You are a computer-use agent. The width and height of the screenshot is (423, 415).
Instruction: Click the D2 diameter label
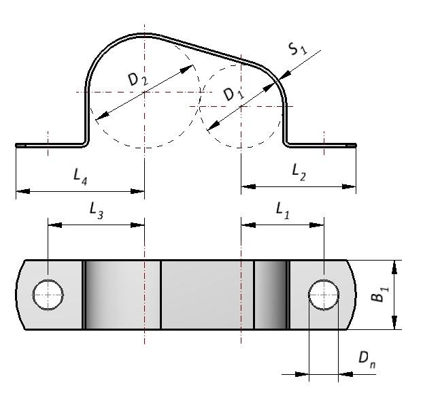tap(137, 80)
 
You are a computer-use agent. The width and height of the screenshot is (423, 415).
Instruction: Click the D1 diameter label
tap(233, 93)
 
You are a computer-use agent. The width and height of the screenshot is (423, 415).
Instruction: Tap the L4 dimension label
tap(80, 176)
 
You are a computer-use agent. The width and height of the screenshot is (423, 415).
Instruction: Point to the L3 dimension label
tap(97, 212)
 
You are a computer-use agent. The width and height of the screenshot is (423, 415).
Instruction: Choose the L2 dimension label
tap(299, 173)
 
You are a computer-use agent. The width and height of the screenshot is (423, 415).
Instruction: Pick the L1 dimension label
tap(282, 211)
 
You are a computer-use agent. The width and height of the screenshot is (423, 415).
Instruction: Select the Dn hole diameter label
tap(367, 361)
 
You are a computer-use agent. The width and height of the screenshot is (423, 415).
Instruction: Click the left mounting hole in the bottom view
tap(48, 295)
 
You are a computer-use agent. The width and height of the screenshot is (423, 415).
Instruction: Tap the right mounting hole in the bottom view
tap(324, 295)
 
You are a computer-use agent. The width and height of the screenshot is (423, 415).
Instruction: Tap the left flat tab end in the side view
tap(20, 144)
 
